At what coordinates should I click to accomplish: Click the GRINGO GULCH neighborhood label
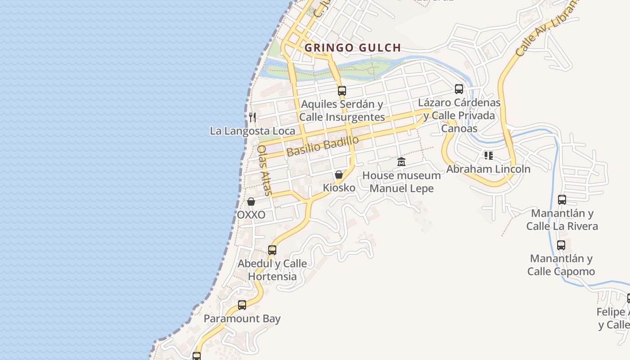pos(352,48)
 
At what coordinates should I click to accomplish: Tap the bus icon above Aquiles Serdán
pos(342,91)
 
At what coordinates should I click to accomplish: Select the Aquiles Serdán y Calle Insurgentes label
pos(342,111)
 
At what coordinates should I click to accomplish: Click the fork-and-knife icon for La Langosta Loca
pos(252,117)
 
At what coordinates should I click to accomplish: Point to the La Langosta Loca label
pos(252,131)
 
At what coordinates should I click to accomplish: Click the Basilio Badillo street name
pos(323,146)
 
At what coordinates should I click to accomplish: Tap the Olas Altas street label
pos(264,170)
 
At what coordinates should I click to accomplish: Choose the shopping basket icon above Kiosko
pos(339,175)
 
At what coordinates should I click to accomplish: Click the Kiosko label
pos(339,188)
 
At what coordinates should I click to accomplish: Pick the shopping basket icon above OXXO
pos(251,202)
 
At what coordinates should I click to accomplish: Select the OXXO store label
pos(251,215)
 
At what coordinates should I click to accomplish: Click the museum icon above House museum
pos(401,162)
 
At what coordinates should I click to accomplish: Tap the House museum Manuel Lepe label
pos(401,182)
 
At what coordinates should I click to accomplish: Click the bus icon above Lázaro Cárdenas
pos(459,89)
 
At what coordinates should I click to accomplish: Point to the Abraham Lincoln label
pos(488,169)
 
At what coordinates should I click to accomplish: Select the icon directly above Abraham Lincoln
pos(488,156)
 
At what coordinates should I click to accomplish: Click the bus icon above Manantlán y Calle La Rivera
pos(562,199)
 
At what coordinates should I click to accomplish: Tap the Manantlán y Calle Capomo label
pos(561,265)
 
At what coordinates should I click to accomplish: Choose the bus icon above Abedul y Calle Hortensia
pos(272,250)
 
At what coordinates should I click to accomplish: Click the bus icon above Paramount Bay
pos(242,305)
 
